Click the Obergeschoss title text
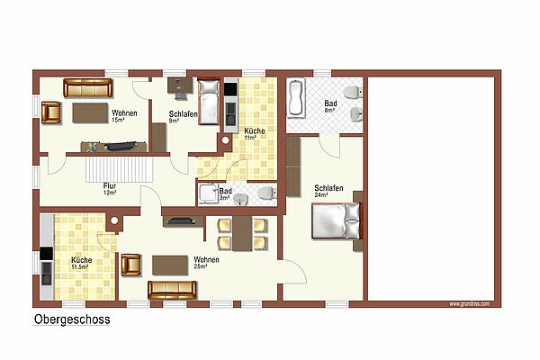click(72, 319)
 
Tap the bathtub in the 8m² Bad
click(296, 98)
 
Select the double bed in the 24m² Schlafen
click(337, 220)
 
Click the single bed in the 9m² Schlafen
click(209, 103)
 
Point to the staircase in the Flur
click(120, 169)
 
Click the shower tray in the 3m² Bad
click(208, 193)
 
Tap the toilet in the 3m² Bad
click(267, 193)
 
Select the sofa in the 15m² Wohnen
click(88, 88)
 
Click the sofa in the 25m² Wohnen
click(172, 290)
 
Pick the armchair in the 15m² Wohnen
click(51, 112)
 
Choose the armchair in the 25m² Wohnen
click(130, 265)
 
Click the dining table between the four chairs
click(242, 234)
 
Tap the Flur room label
click(110, 186)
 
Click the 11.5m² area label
click(79, 266)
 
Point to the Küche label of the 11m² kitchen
click(255, 130)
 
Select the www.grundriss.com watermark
click(470, 304)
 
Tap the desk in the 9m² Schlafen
click(180, 85)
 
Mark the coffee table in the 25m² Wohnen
click(170, 265)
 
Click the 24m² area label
click(320, 195)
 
